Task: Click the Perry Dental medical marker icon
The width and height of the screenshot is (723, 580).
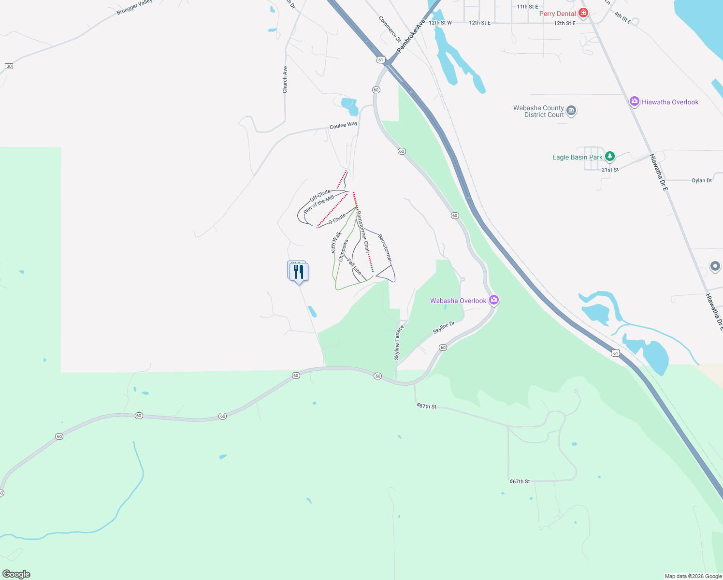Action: [583, 13]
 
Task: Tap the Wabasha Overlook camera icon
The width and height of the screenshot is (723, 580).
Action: [493, 300]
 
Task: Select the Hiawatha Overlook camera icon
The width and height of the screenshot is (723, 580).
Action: [635, 101]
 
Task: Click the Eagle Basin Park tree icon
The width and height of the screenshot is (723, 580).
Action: [610, 157]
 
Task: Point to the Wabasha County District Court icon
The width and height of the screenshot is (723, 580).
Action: [571, 111]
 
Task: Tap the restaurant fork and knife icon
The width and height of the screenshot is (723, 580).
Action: [299, 272]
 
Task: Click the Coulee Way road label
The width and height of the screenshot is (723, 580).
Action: [343, 125]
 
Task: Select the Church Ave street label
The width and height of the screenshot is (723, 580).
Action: [285, 79]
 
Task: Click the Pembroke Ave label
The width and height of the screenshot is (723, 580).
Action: [410, 36]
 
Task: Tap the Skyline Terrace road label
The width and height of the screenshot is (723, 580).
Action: [397, 342]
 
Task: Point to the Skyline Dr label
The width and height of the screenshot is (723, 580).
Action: [444, 327]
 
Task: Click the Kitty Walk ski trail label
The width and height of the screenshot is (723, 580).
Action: [336, 242]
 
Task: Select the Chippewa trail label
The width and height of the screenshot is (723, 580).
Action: [343, 250]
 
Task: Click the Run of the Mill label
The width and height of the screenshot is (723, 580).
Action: [318, 204]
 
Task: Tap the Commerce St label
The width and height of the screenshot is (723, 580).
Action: [390, 29]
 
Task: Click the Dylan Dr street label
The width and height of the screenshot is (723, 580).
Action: [701, 180]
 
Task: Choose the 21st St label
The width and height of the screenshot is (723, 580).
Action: [610, 170]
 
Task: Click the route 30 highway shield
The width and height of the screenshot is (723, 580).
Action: [9, 66]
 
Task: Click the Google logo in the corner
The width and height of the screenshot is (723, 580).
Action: [16, 574]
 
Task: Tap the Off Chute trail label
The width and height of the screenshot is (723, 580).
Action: [320, 196]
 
